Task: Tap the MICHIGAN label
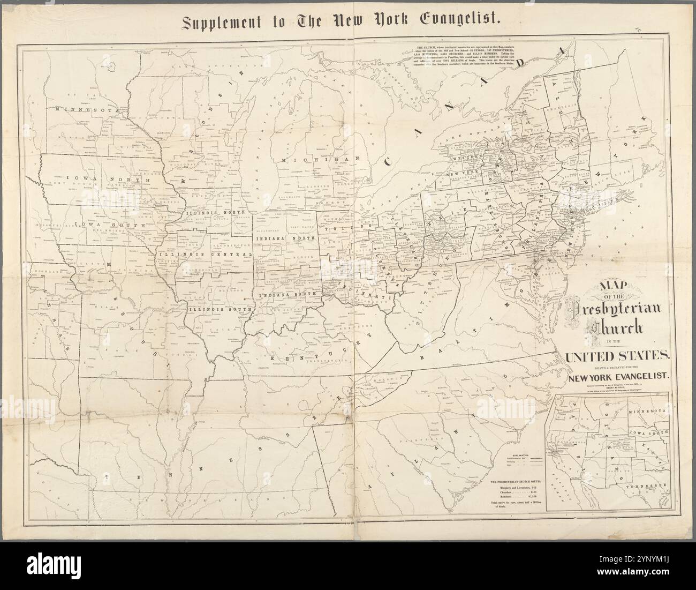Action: click(308, 160)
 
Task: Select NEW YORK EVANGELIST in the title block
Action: click(618, 376)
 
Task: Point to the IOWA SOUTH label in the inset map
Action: click(648, 431)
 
